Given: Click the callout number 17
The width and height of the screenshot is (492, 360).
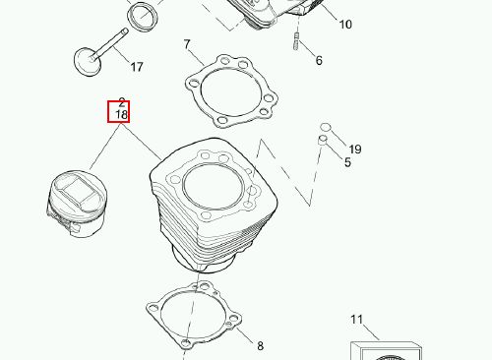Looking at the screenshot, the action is tap(137, 67).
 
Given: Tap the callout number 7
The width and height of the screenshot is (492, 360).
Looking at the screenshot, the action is tap(187, 44).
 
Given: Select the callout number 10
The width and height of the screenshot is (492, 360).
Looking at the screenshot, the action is tap(345, 25).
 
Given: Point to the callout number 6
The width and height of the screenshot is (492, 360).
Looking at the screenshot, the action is tap(319, 60).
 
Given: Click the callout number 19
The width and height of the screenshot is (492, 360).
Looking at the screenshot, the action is tap(355, 150).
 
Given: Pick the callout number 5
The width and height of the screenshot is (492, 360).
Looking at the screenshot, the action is tap(347, 162).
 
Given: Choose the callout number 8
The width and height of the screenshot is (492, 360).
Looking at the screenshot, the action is tap(260, 345).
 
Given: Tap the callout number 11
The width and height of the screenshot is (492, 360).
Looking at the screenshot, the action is tap(356, 320).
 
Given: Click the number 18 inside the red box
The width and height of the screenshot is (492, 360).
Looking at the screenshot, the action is tap(121, 115).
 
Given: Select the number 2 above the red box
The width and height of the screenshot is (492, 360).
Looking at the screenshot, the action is tap(122, 102).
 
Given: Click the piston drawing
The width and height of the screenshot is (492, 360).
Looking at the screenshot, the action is tap(77, 204).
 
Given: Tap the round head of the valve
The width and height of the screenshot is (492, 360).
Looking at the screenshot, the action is tap(86, 62).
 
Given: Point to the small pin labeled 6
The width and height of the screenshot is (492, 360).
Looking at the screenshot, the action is tap(296, 41).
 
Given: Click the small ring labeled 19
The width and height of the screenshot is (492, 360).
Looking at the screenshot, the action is tap(326, 127).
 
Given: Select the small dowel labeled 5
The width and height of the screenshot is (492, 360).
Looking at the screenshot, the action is tap(323, 140).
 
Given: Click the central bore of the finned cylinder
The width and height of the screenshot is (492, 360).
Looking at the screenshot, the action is tap(214, 187).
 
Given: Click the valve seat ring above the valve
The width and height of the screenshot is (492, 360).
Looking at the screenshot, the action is tap(143, 17).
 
